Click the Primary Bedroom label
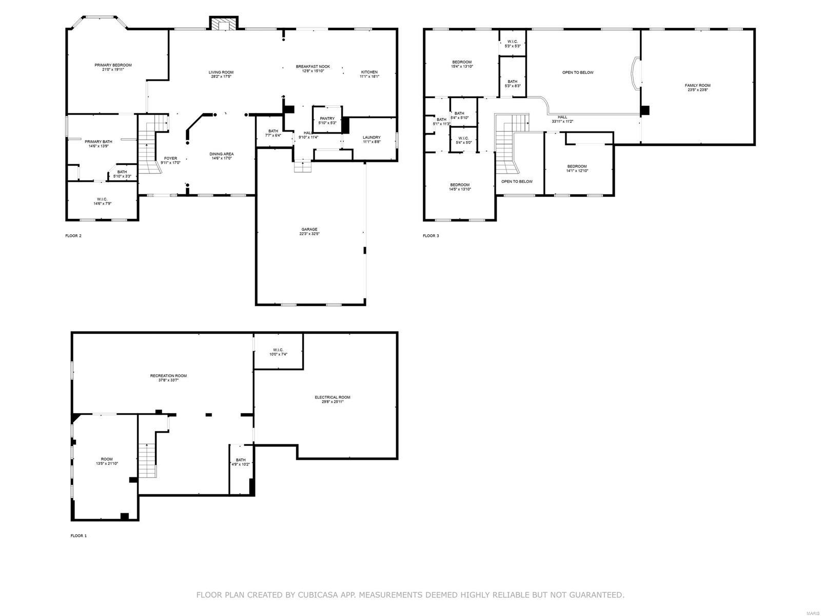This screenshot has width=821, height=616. (x=113, y=65)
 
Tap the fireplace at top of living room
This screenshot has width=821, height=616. (x=224, y=24)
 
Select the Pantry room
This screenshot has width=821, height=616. (x=327, y=119)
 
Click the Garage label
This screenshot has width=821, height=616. (x=309, y=229)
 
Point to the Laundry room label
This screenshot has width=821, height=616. (x=372, y=137)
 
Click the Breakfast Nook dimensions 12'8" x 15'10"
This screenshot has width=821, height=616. (x=312, y=71)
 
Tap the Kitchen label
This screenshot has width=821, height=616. (x=369, y=72)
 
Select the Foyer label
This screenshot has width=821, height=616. (x=170, y=158)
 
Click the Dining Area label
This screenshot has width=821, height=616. (x=222, y=154)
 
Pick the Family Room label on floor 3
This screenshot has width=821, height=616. (x=698, y=85)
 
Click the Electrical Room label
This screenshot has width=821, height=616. (x=333, y=397)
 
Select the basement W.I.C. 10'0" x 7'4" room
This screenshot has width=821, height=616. (x=279, y=351)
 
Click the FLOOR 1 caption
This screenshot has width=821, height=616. (x=79, y=536)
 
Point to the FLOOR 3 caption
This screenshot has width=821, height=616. (x=431, y=236)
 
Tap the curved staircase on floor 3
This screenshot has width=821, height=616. (x=508, y=144)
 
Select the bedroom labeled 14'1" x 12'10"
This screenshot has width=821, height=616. (x=577, y=168)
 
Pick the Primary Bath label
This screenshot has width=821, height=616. (x=99, y=141)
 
